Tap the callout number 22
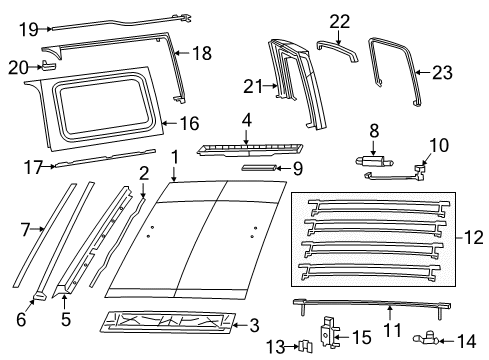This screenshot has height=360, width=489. click(x=340, y=20)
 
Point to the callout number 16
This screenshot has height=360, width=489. click(x=190, y=124)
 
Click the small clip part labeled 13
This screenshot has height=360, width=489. click(x=303, y=346)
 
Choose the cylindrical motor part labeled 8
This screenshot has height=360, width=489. click(x=372, y=159)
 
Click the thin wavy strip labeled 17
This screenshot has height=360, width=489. click(x=100, y=160)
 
